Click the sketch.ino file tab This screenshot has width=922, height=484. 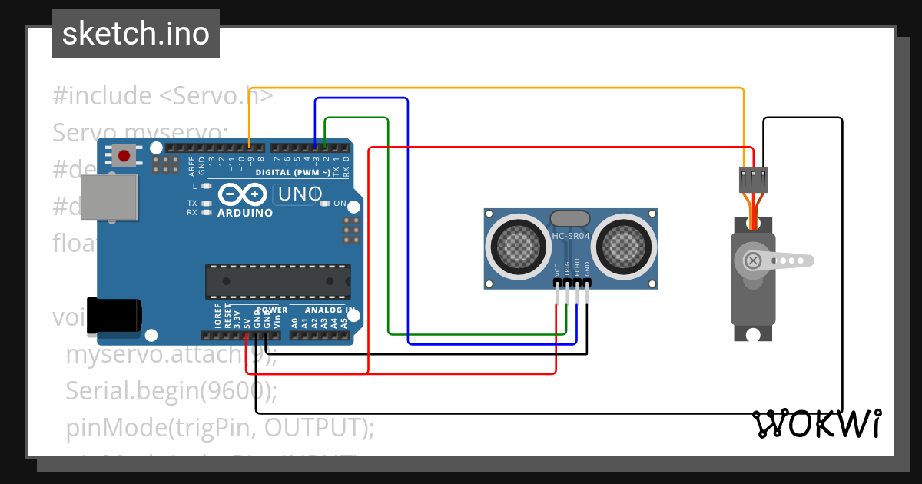136,34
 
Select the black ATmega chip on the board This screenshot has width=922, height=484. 277,280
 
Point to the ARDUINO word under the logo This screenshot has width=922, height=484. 245,213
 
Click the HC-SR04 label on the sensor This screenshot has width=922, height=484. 570,237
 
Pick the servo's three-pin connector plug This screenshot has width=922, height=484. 754,180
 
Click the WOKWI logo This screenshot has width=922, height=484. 817,423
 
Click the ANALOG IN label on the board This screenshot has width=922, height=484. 330,310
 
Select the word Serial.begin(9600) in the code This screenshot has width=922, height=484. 171,391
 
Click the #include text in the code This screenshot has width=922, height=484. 102,96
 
